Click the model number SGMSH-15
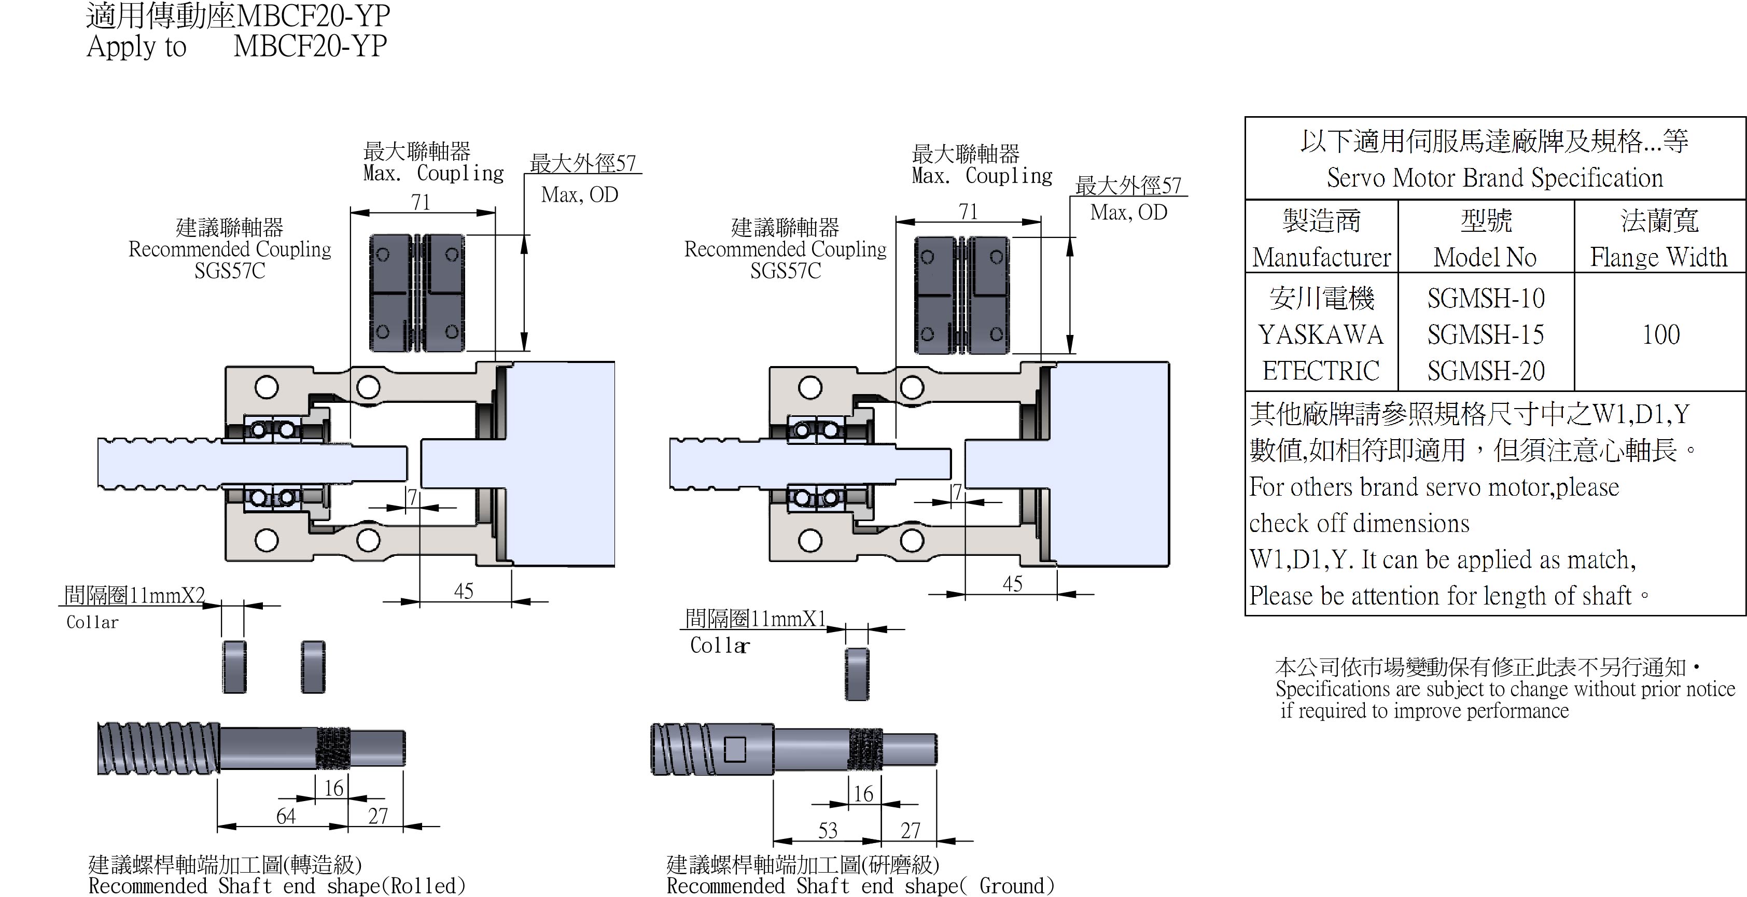pos(1485,334)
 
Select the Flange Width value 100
pos(1661,334)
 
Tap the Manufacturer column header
pos(1321,257)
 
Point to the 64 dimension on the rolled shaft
pos(286,816)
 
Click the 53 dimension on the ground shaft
pos(828,831)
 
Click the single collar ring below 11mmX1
pos(857,674)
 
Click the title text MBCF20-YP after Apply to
pos(310,46)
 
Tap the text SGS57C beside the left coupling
pos(229,271)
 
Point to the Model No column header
pos(1485,257)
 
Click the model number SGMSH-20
pos(1485,371)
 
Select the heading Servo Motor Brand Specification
pos(1494,178)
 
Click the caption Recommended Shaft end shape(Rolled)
pos(277,886)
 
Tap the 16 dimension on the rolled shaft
pos(333,788)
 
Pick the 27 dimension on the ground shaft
pos(910,831)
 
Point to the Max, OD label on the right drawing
pos(1128,212)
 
